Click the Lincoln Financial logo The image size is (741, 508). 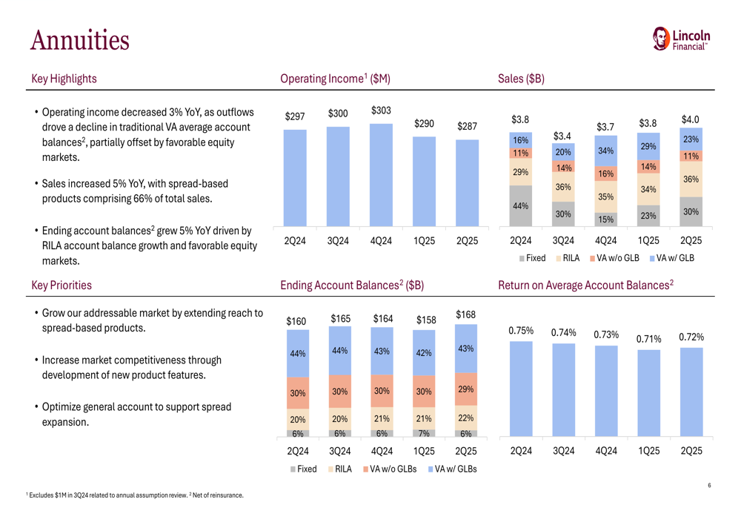[x=681, y=39]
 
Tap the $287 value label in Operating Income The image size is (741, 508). [x=466, y=126]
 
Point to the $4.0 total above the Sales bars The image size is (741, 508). [x=690, y=119]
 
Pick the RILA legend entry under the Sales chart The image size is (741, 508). [x=567, y=258]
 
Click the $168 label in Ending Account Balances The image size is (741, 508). [x=465, y=314]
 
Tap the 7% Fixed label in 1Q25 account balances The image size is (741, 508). [x=423, y=434]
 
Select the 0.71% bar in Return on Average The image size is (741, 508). [x=648, y=392]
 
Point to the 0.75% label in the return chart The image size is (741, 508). [x=521, y=331]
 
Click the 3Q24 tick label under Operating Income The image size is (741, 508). [x=338, y=241]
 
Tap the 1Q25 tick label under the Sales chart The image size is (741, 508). [x=648, y=241]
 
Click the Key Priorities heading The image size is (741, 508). [x=62, y=285]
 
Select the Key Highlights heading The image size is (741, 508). [x=64, y=79]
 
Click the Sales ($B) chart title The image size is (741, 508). [x=522, y=79]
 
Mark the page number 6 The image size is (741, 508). [x=709, y=486]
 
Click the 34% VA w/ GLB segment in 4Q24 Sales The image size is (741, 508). [x=605, y=151]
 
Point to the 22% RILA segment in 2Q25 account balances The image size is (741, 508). [x=465, y=418]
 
